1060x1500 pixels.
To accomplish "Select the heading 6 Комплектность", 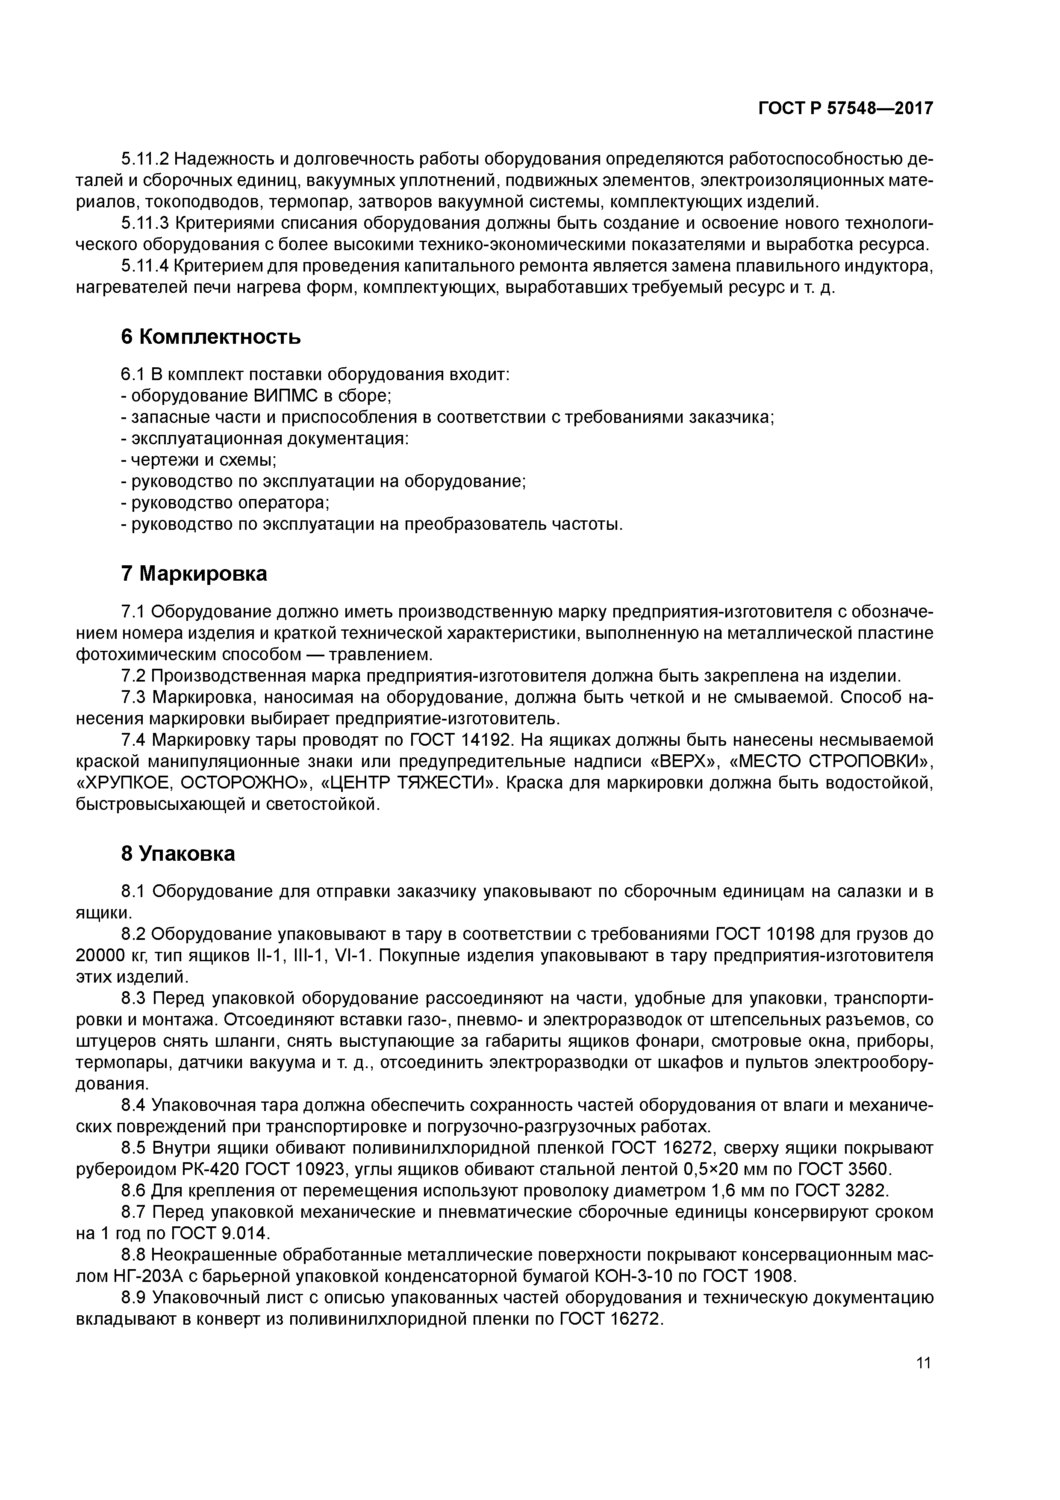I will pos(211,337).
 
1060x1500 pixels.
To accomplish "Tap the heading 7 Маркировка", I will pos(194,573).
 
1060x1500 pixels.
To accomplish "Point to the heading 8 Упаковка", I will pos(178,853).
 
